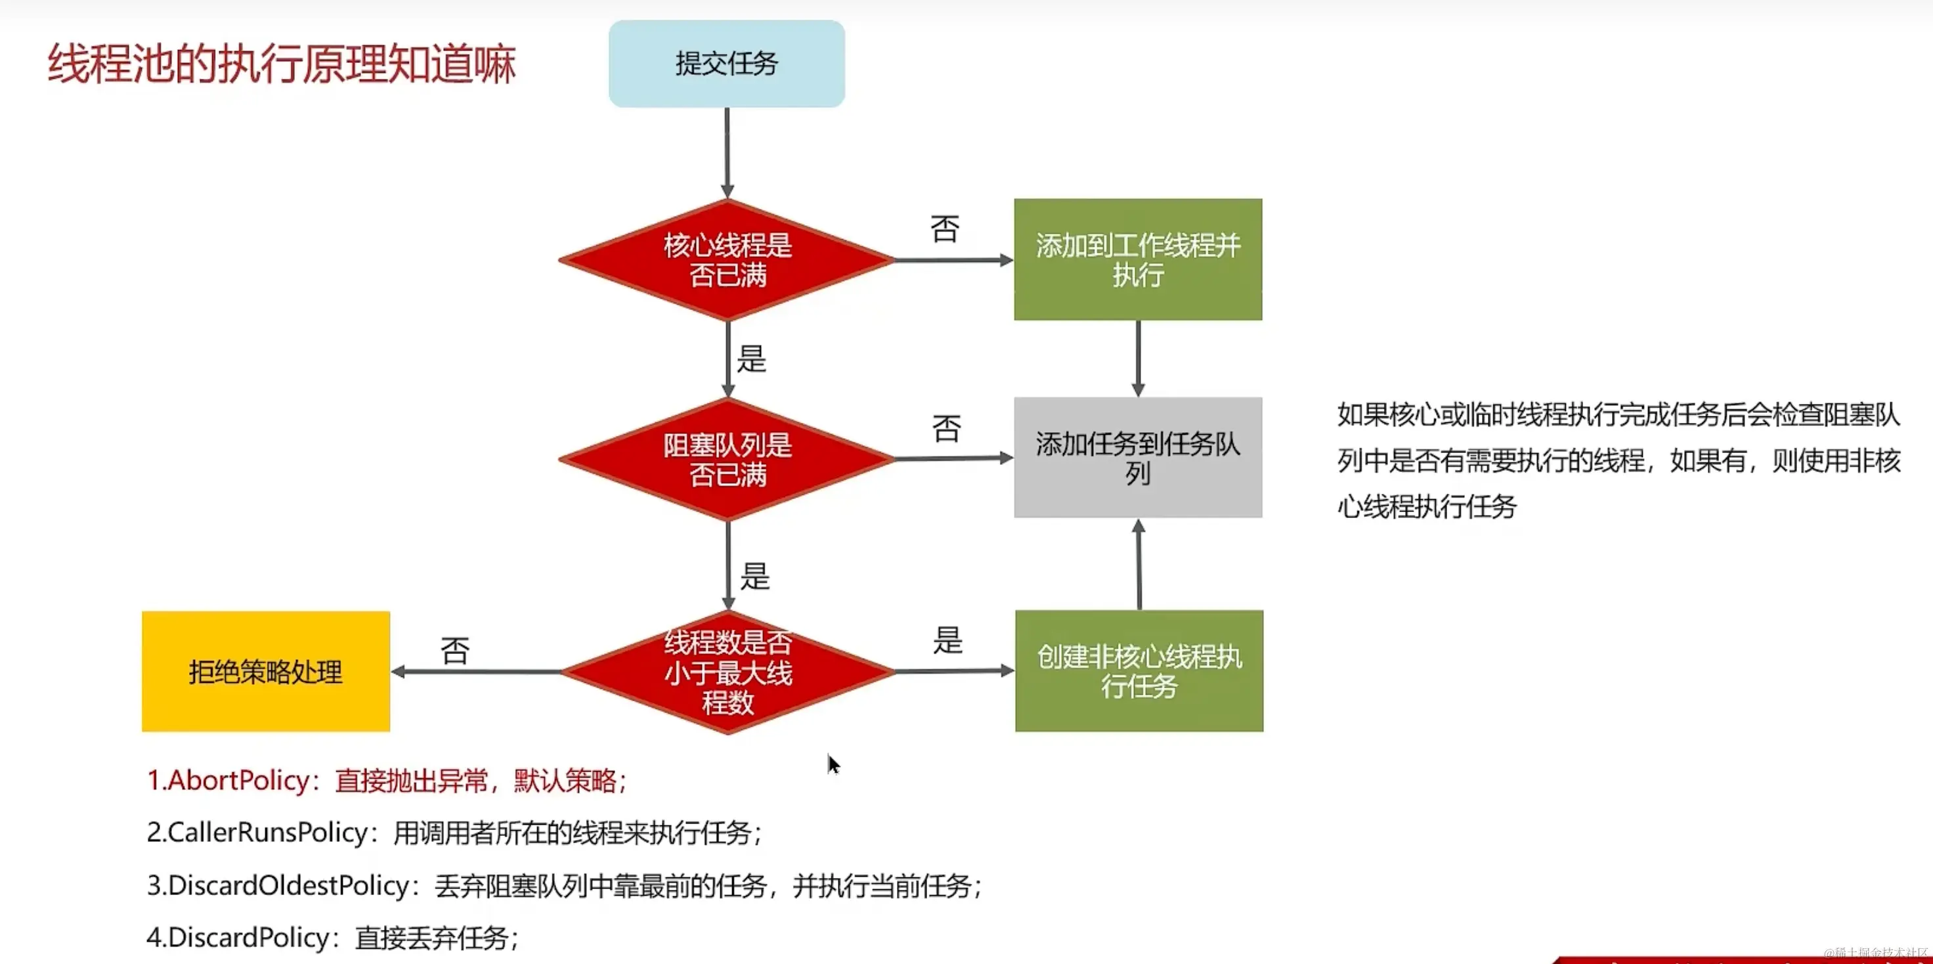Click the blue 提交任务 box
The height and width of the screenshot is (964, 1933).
pos(726,64)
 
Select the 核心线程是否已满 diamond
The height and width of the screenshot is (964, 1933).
pos(727,260)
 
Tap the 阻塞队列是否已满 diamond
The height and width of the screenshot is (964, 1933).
pos(727,459)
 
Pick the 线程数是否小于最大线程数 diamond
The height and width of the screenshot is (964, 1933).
pos(727,672)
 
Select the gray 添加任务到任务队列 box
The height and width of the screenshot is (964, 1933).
pos(1138,457)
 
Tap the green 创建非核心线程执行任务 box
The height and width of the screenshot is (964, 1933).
pos(1139,670)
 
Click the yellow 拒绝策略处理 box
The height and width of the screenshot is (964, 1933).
pos(266,671)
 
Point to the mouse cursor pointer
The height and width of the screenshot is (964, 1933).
pos(833,764)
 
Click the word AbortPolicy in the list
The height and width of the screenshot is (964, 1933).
pos(238,781)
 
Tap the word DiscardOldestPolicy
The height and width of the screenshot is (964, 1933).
pos(289,886)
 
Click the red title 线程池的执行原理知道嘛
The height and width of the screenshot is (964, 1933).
pos(282,64)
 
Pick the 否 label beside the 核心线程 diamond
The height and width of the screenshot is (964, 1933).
pos(945,229)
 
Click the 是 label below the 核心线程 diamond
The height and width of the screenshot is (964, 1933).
pos(751,359)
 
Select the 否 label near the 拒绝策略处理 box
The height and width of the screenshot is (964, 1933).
pos(455,650)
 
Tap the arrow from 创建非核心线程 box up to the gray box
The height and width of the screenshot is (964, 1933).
pos(1139,565)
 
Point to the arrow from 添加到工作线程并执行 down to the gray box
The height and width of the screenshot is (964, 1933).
pos(1139,359)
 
